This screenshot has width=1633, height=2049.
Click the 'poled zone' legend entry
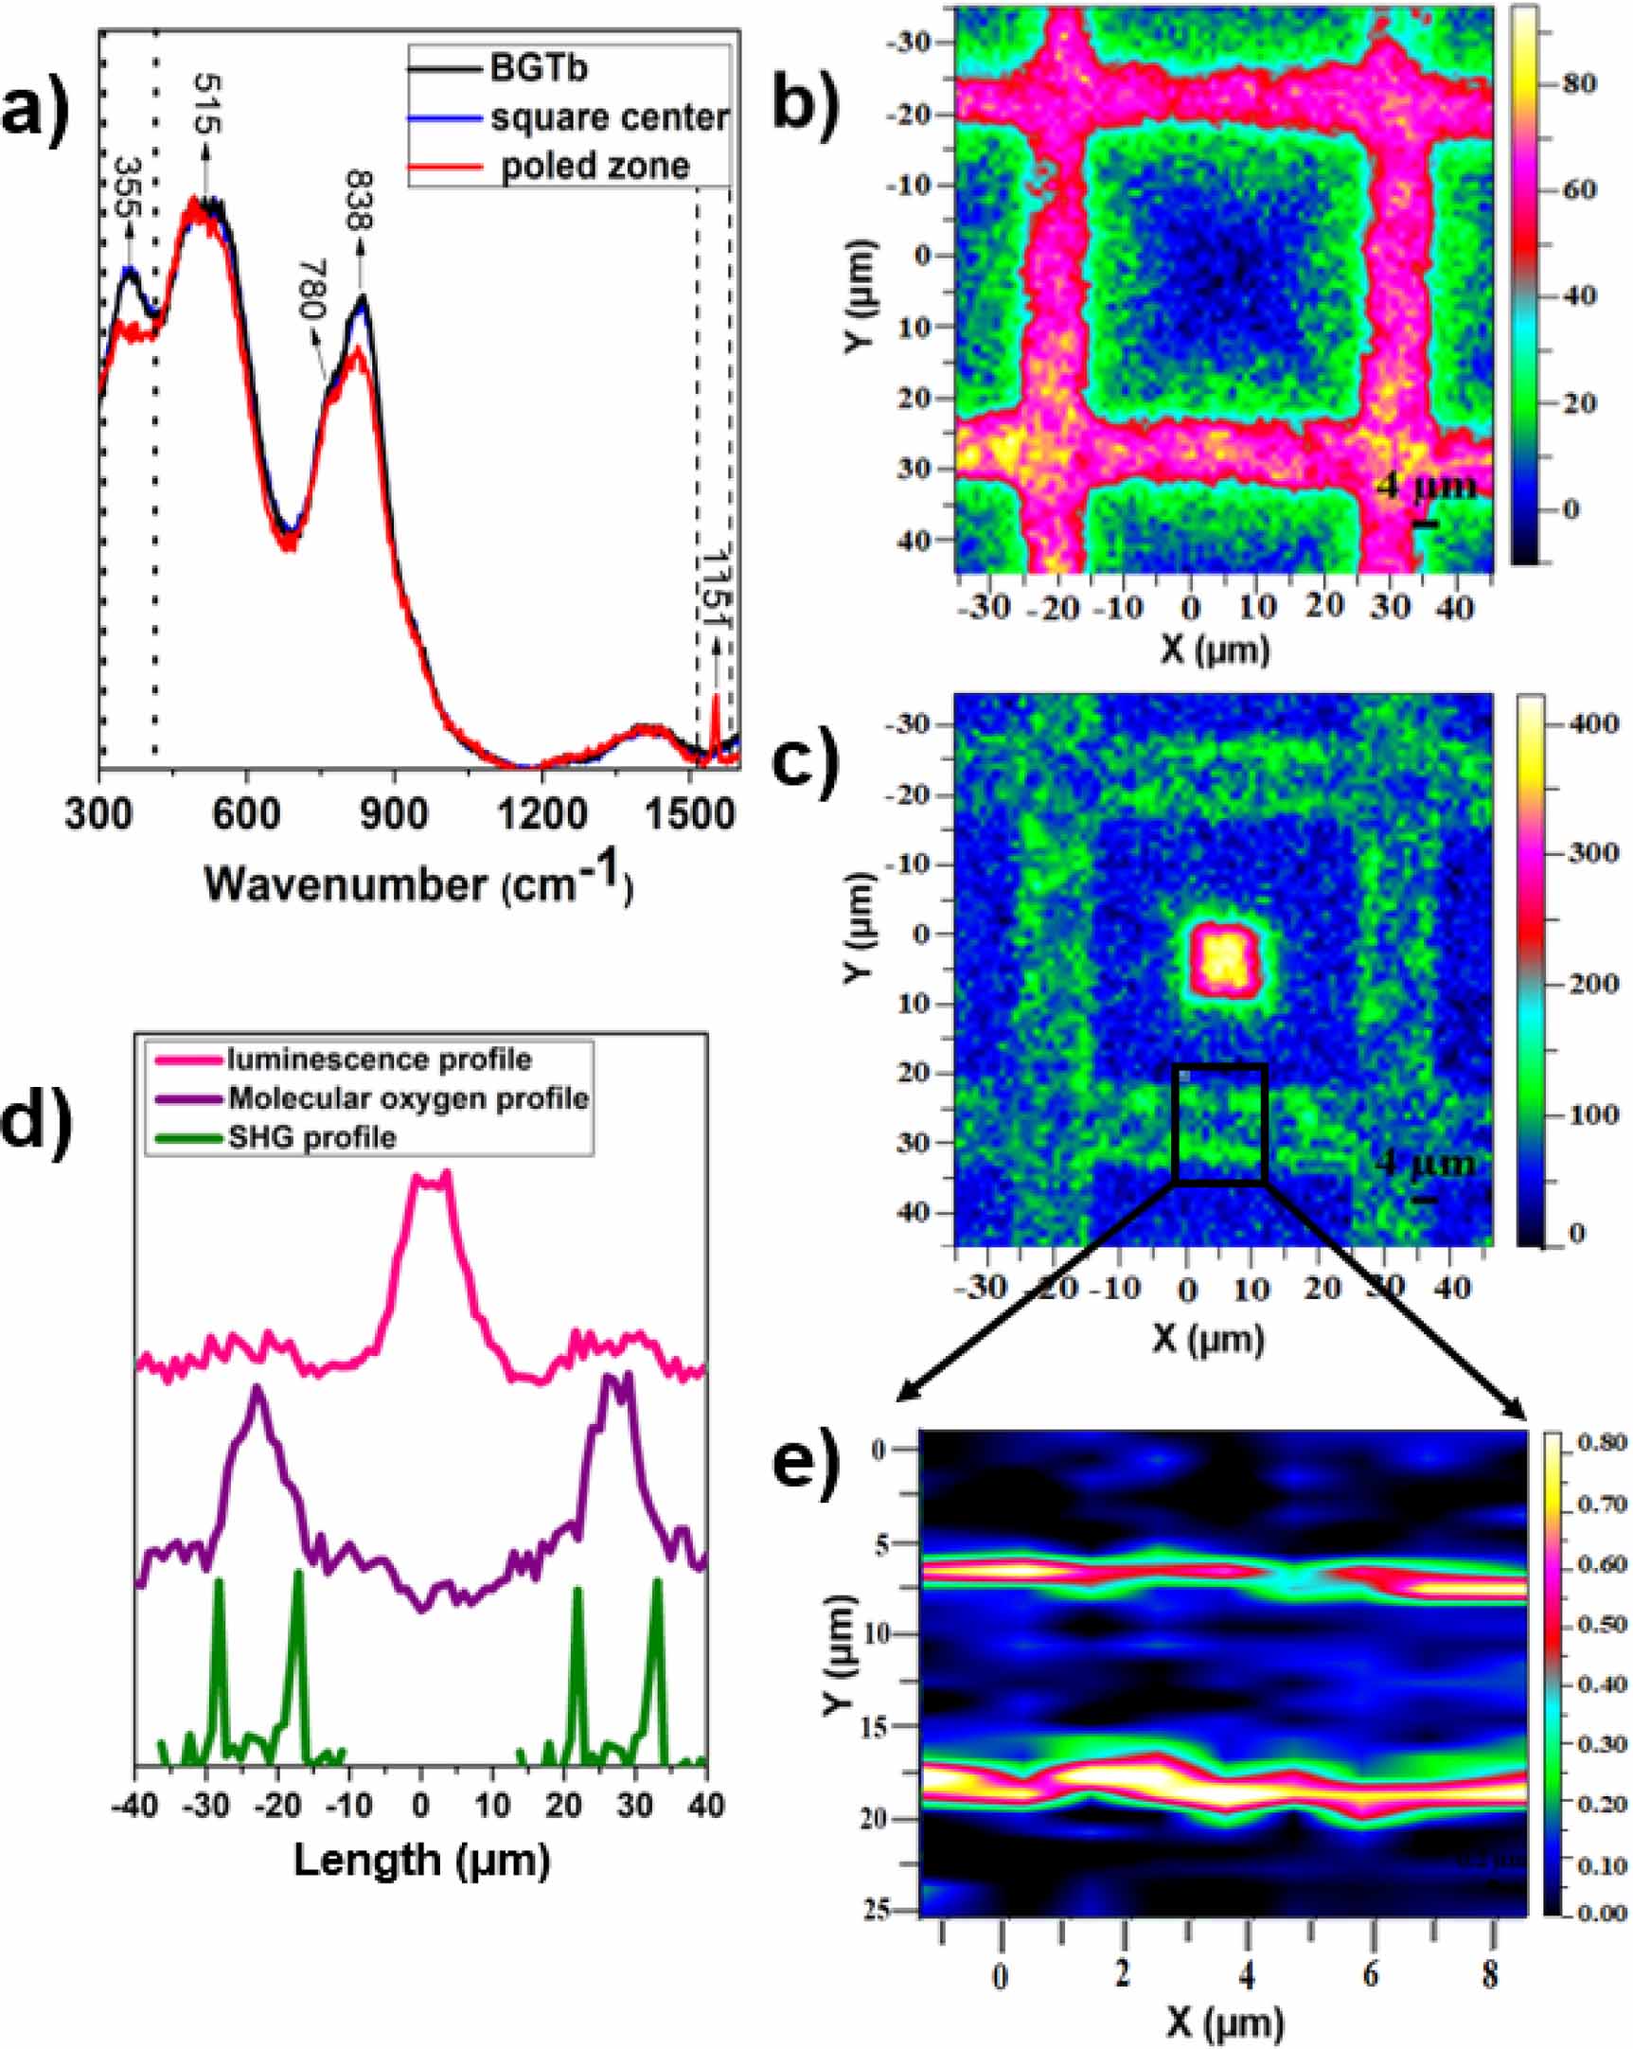595,167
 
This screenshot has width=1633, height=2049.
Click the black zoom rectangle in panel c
1220,1124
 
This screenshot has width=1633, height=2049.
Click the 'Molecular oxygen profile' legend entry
409,1098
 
